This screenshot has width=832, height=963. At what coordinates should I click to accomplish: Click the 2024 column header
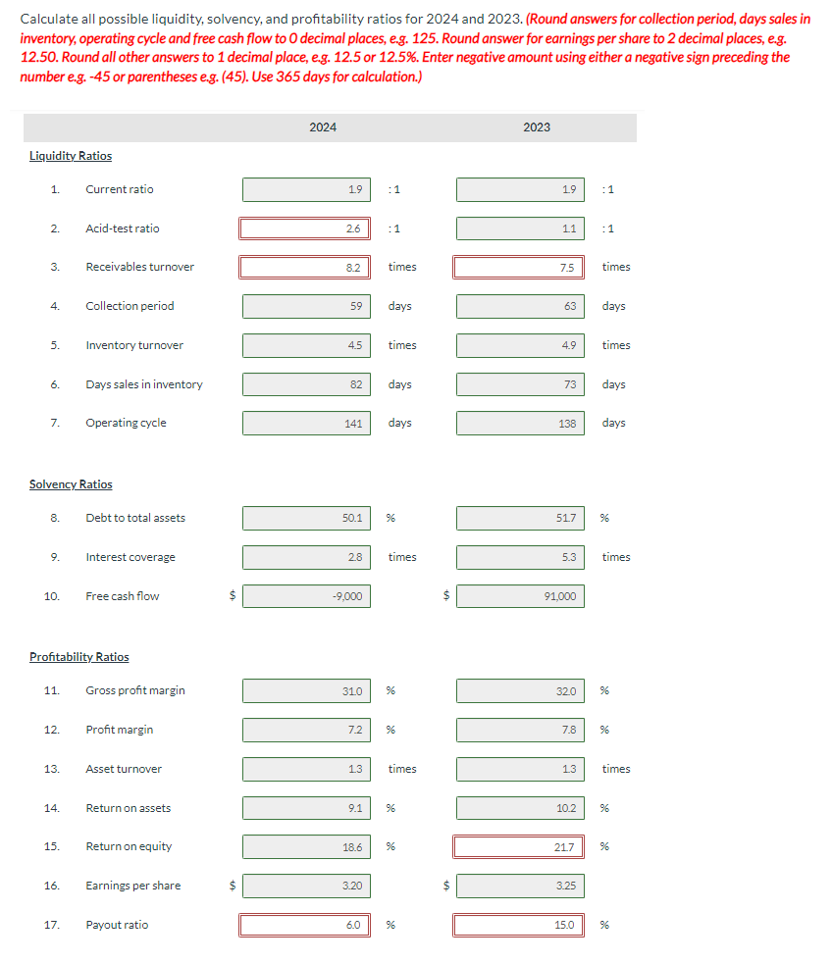[323, 127]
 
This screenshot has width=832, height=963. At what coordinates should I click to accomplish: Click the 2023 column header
[537, 127]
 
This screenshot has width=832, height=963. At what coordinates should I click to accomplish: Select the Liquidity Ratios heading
[71, 156]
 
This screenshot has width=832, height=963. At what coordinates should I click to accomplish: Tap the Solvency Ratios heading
[71, 484]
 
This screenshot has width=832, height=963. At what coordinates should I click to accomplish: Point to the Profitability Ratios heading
[79, 657]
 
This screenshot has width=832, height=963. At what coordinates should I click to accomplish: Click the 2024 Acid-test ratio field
[306, 228]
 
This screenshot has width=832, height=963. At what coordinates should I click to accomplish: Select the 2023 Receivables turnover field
[520, 267]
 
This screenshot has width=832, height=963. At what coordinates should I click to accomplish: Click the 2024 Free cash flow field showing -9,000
[306, 596]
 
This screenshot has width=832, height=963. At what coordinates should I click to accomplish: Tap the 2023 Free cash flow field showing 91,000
[520, 596]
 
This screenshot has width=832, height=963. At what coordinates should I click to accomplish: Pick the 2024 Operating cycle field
[306, 424]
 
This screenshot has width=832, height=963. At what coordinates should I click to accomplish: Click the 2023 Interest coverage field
[520, 557]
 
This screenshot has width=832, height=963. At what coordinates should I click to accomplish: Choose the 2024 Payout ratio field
[306, 925]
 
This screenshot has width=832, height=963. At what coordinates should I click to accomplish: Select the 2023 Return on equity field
[520, 846]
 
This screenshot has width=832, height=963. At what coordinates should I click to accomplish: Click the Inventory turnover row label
[134, 345]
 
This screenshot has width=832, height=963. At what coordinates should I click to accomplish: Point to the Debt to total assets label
[135, 518]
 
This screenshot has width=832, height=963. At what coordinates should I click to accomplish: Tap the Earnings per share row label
[133, 886]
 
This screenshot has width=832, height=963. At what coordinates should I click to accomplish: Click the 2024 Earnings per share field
[306, 886]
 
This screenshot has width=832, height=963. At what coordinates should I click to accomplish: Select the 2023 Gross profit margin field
[520, 690]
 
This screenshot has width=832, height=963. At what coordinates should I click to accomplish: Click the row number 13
[51, 769]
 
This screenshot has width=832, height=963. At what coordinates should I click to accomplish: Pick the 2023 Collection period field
[520, 306]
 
